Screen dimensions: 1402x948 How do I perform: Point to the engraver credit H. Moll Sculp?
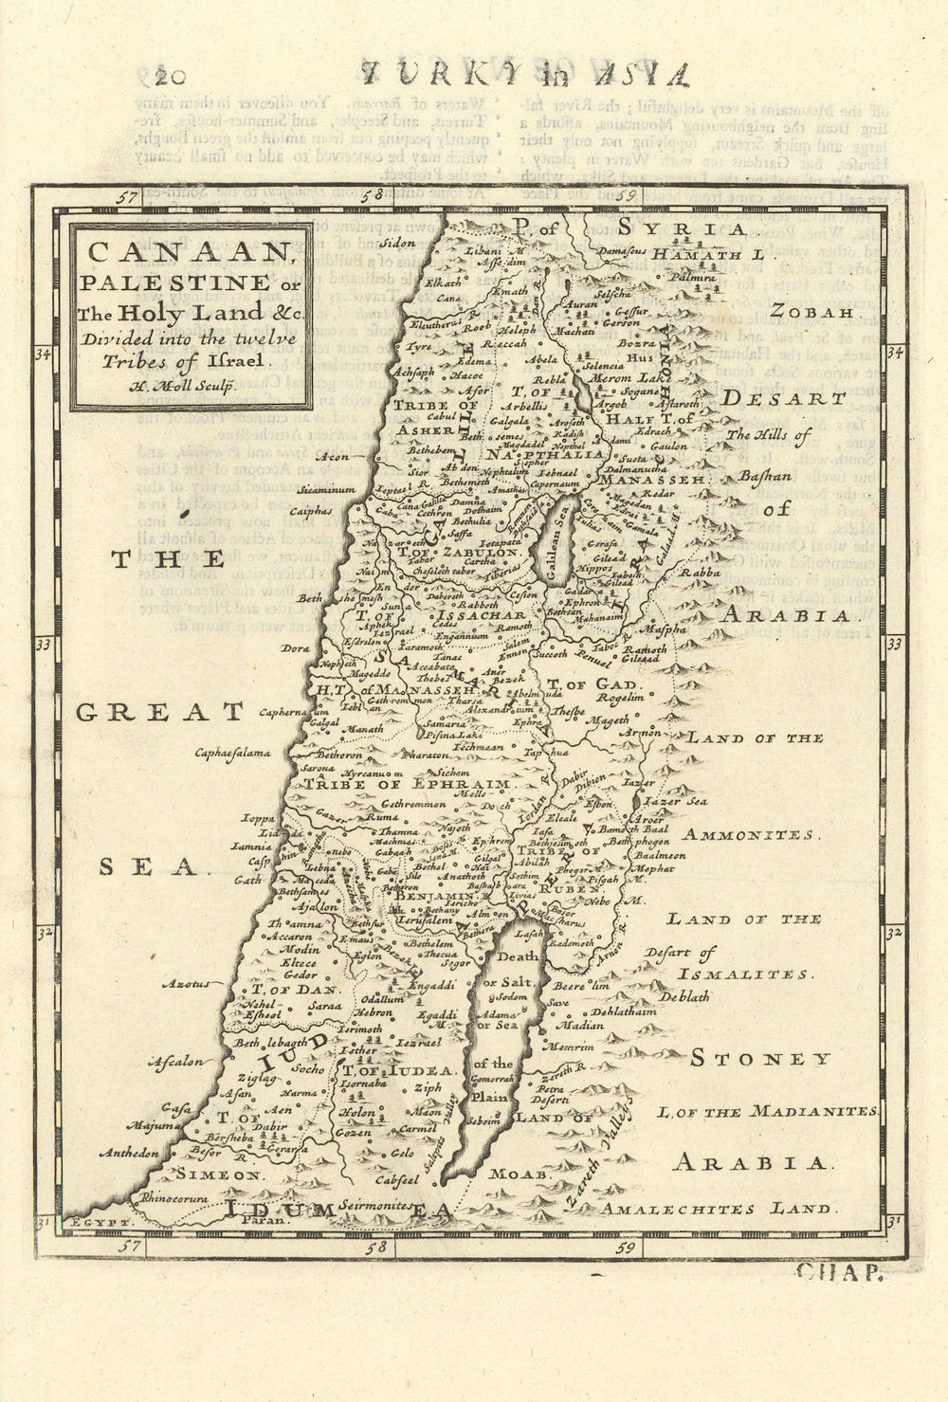(190, 386)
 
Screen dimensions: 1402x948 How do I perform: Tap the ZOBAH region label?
(808, 310)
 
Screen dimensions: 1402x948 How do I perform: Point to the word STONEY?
(759, 1059)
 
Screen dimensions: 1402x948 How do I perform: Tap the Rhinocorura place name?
(173, 1197)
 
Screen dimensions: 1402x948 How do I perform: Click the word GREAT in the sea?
(159, 711)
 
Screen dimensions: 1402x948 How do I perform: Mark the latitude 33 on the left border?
(43, 645)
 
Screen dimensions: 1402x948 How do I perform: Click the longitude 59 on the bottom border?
(624, 1248)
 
